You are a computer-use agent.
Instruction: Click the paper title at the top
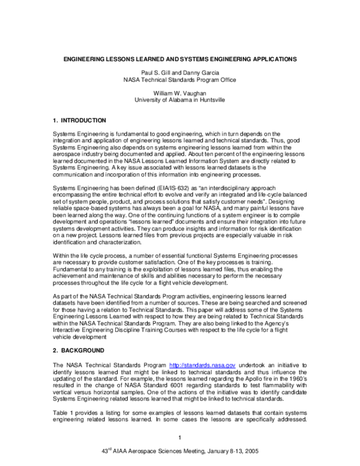180,60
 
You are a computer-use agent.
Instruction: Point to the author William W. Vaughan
180,92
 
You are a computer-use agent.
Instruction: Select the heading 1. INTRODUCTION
80,121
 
